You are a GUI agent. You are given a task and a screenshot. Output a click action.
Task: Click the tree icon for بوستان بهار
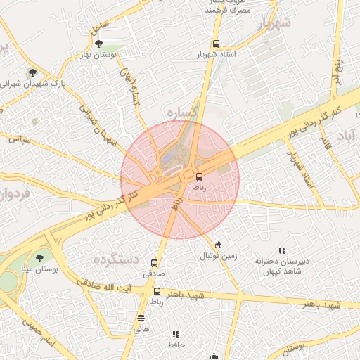[98, 44]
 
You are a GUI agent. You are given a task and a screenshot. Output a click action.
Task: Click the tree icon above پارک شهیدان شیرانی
[31, 72]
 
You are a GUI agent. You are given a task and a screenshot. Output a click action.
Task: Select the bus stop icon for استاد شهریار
[215, 42]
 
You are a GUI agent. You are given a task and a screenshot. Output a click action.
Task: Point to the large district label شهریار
[274, 24]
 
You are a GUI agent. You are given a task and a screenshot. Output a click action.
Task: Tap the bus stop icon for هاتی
[141, 317]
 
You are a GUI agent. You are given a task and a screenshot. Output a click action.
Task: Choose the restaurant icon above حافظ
[176, 334]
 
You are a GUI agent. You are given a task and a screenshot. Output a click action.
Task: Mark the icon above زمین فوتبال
[219, 245]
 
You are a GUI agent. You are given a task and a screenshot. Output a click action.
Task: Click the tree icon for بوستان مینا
[39, 258]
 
